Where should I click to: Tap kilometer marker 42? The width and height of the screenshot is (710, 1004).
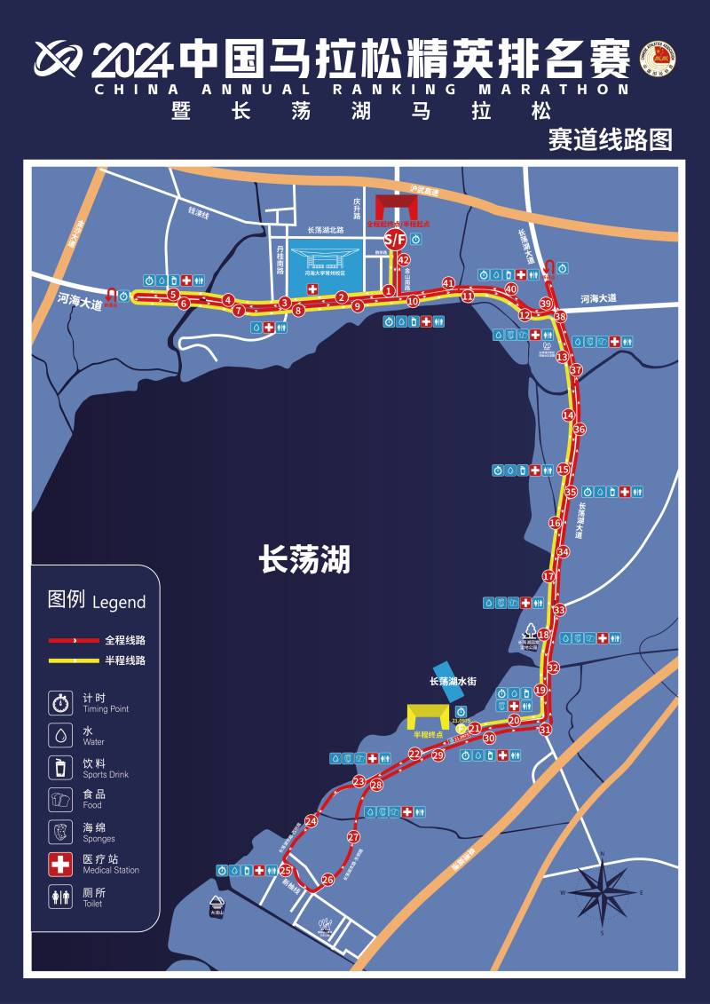coord(404,260)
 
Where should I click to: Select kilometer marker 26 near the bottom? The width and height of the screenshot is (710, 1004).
coord(327,880)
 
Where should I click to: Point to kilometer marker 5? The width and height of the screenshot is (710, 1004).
coord(174,295)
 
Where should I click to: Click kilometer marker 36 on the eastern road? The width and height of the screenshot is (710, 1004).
coord(580,430)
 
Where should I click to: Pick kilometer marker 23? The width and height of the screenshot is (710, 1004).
coord(359,782)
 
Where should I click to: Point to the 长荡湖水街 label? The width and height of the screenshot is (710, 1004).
coord(453,681)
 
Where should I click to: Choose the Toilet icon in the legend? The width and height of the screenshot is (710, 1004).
coord(60,897)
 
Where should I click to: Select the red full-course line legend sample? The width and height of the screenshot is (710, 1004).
coord(74,639)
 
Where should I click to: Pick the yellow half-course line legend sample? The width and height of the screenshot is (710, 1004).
coord(74,660)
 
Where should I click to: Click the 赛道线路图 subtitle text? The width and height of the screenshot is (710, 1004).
coord(610,139)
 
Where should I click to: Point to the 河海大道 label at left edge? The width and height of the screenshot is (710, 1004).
coord(80,300)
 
